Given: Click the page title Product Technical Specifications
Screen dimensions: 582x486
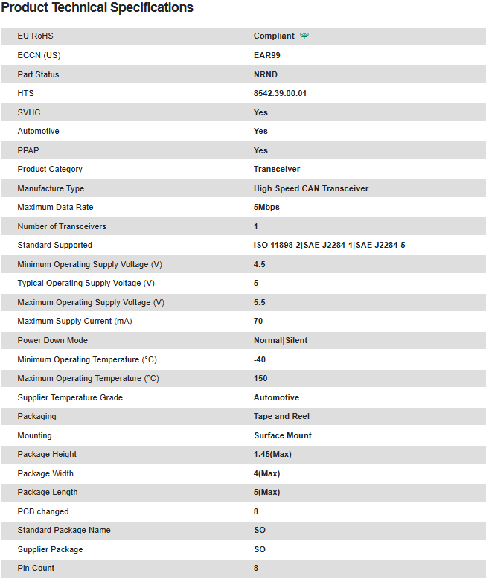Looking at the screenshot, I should [97, 8].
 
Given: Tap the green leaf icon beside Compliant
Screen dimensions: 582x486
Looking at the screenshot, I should [304, 36].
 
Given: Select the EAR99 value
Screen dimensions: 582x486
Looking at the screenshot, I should [267, 55].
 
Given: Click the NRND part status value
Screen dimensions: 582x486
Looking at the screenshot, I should [266, 74].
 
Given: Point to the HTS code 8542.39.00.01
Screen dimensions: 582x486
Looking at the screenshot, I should [280, 93].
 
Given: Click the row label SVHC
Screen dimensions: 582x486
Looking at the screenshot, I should [29, 112].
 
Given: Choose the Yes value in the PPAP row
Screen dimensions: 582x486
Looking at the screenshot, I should [260, 150].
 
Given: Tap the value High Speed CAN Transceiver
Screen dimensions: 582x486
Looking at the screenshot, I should [311, 188].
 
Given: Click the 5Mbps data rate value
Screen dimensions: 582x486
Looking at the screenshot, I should [266, 207].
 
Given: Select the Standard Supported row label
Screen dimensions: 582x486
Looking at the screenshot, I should [55, 245].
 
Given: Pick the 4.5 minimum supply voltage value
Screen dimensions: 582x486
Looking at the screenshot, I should [260, 264].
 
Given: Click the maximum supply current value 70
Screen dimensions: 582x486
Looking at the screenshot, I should [258, 321].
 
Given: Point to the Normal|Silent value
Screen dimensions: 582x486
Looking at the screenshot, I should [281, 340].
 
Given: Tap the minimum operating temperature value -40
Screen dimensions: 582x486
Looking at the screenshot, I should [260, 359].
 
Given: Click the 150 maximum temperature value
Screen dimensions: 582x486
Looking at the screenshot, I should [260, 378].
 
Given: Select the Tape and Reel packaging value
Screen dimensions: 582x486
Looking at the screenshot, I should [281, 416].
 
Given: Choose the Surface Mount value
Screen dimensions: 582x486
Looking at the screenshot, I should [283, 435].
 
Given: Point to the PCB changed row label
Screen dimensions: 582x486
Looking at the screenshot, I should [43, 511].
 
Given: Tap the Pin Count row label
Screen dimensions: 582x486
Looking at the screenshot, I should [36, 568].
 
